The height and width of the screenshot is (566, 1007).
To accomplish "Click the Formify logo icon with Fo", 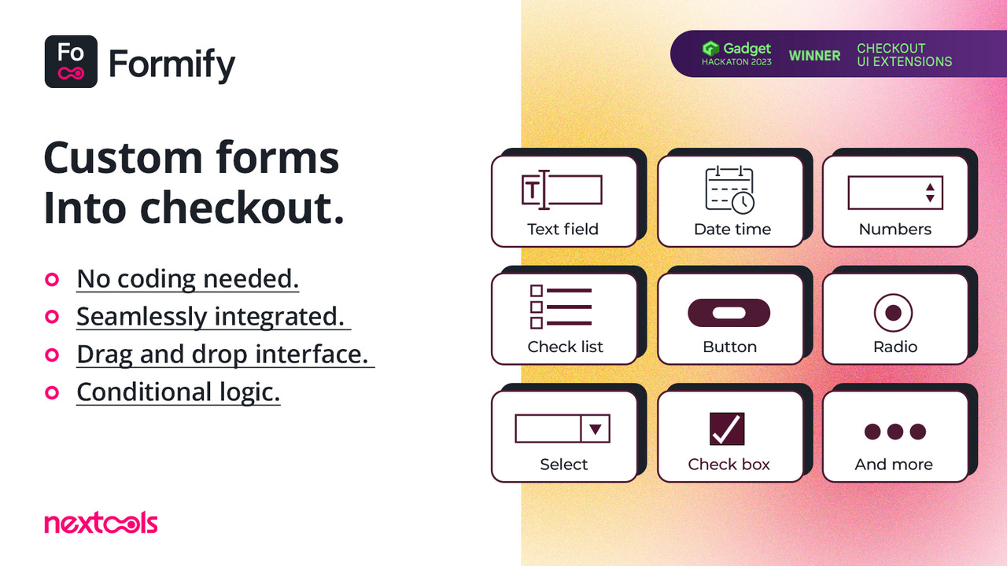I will pos(71,61).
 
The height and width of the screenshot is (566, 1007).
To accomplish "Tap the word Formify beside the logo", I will pos(172,64).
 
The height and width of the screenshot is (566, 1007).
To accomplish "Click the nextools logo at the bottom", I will pos(101,523).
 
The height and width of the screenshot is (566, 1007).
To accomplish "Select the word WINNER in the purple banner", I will pos(814,56).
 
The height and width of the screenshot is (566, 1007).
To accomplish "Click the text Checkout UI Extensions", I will pos(904,55).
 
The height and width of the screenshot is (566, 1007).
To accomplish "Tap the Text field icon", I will pos(562,189).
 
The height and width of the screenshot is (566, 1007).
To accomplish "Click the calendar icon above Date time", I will pos(729,189).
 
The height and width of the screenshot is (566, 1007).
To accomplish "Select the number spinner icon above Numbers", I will pos(894,193).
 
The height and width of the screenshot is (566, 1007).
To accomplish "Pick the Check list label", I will pos(565,347).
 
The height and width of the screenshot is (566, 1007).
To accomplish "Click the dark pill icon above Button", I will pos(729,312).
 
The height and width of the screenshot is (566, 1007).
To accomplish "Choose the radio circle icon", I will pos(893,312).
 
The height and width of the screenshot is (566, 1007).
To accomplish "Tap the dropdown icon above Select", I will pos(562,428).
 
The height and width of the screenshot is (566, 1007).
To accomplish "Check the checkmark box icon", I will pos(726,429).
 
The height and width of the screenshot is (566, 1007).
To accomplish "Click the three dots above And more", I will pos(894,431).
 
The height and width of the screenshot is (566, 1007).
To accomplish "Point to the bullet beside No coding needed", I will pos(52,279).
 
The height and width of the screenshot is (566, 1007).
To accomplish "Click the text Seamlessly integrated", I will pos(210,316).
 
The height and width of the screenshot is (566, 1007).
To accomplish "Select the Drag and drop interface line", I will pos(222,354).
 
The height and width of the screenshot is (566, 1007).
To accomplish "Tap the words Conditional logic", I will pos(178,391).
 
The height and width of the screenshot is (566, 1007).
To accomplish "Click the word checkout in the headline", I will pos(242,208).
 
